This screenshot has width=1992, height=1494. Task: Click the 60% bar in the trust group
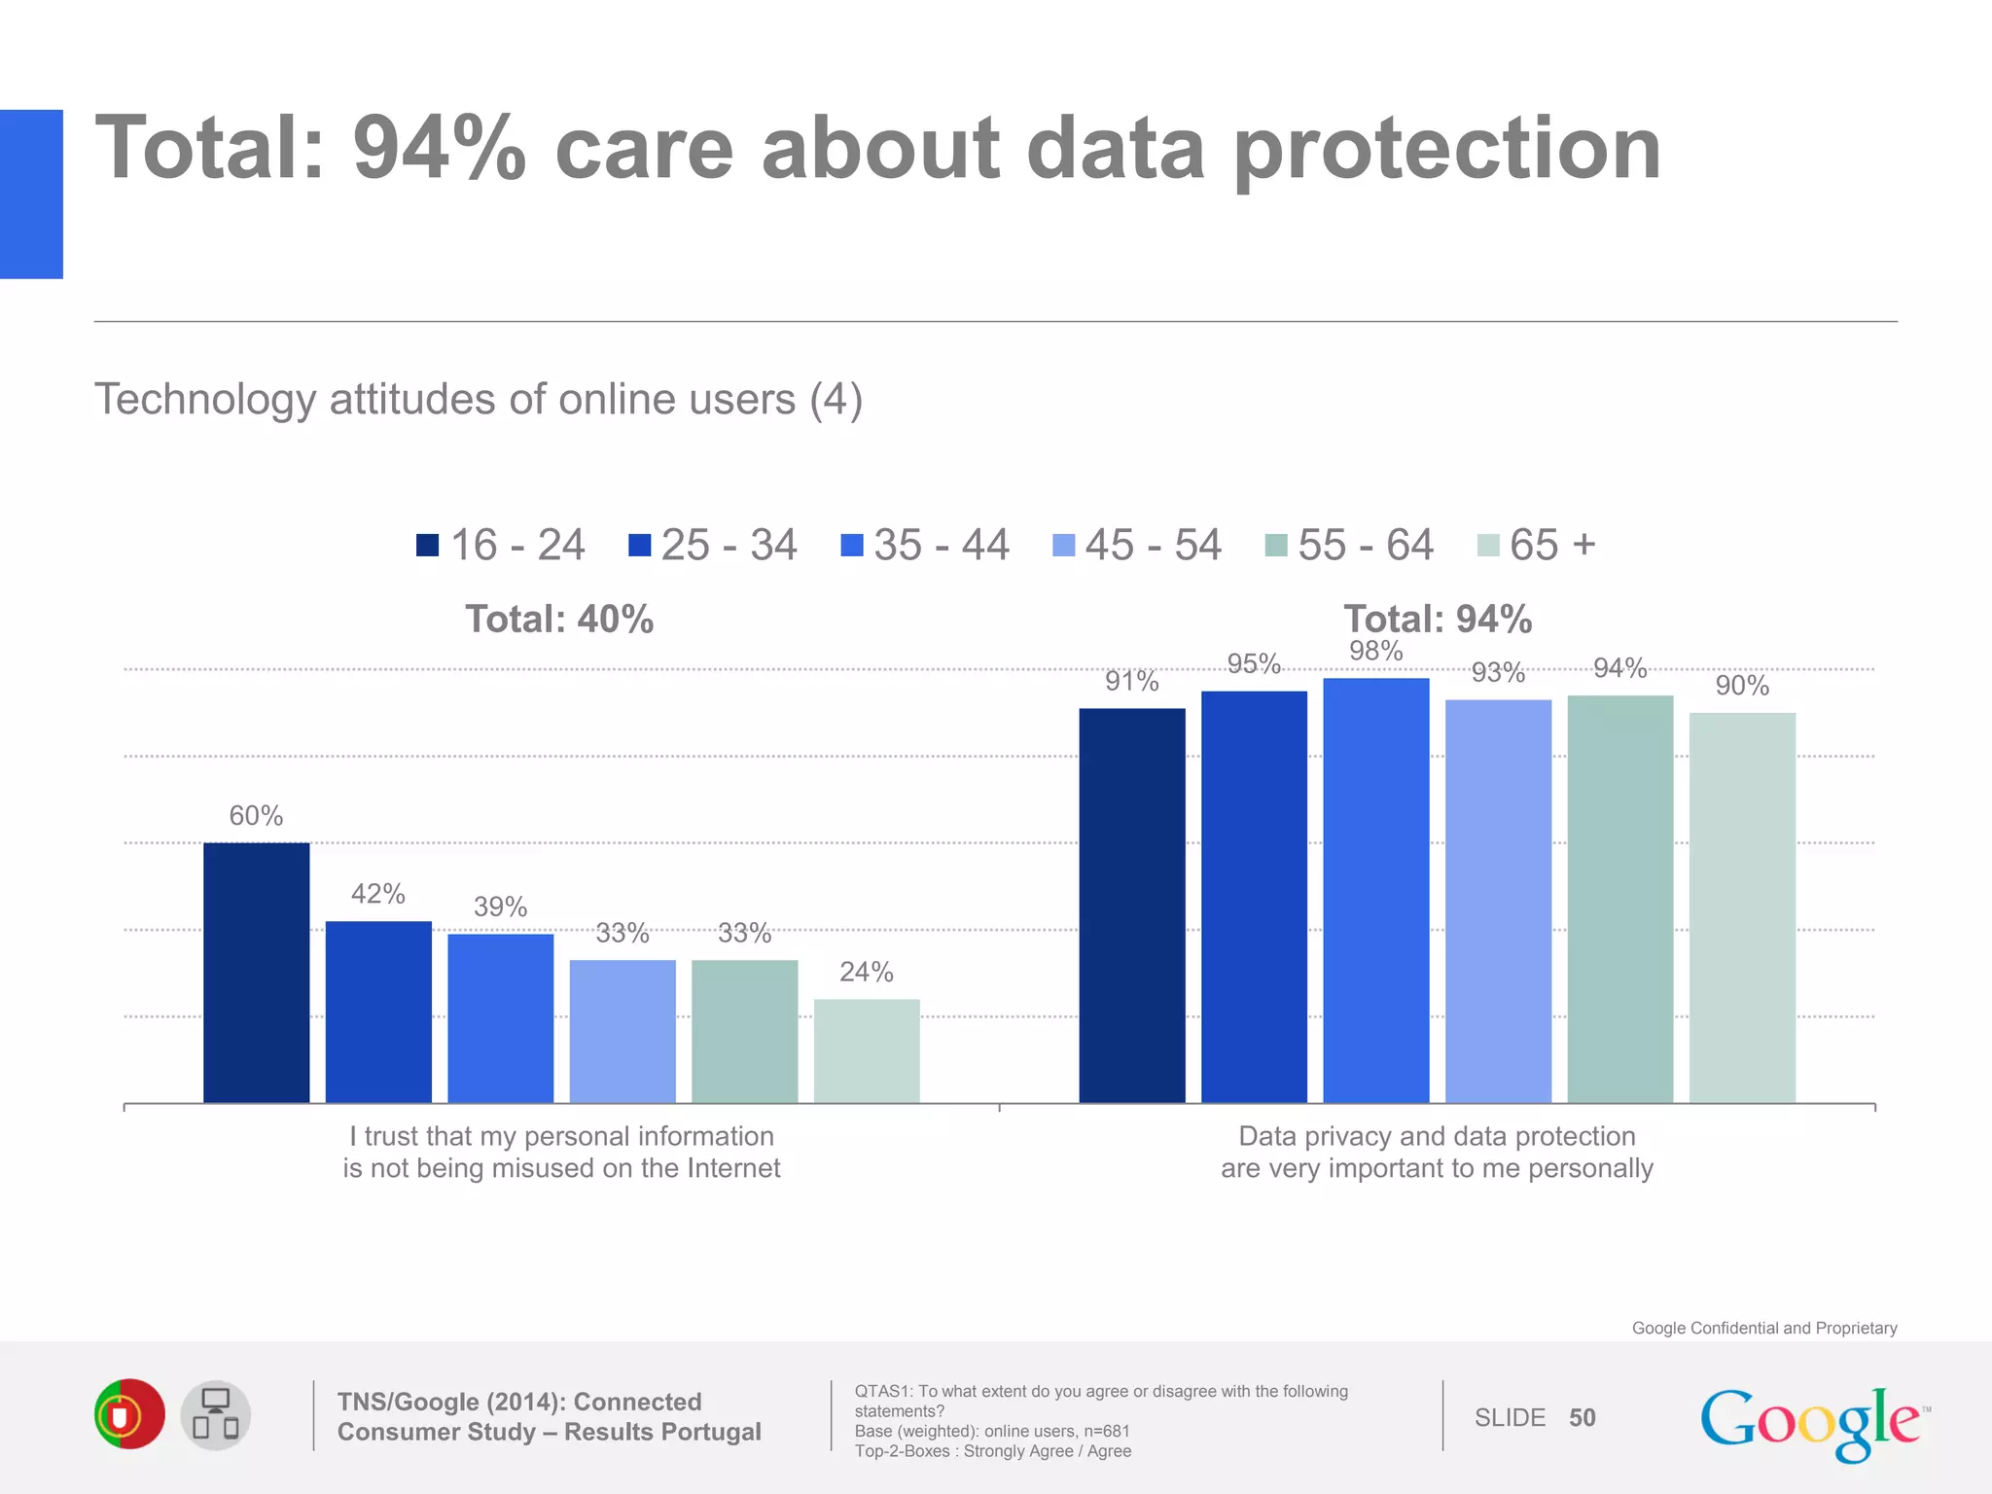256,973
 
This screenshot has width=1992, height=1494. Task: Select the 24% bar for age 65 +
867,1050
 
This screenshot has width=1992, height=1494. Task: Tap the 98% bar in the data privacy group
1376,890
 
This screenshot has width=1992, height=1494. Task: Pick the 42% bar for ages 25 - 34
378,1012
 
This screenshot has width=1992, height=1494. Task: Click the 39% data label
500,907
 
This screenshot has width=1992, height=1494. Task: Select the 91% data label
1131,681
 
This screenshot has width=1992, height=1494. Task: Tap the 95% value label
1254,663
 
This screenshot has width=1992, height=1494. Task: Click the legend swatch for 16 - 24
427,545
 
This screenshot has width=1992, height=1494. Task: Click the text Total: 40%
559,620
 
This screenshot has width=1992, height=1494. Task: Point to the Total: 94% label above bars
1438,620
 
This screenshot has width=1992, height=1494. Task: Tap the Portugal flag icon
129,1414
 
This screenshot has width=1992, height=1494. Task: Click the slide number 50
1582,1418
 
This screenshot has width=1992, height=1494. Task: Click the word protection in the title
1447,151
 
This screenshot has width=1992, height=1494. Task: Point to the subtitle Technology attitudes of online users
478,400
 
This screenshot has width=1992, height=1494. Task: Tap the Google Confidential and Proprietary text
1763,1328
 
